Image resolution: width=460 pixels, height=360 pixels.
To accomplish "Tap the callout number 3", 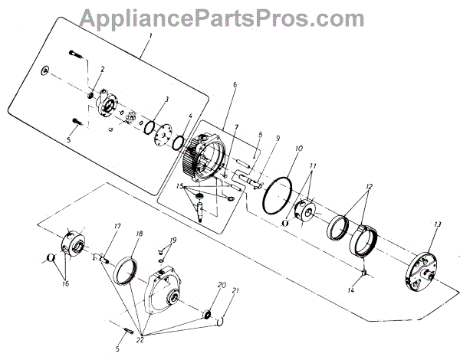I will [166, 100].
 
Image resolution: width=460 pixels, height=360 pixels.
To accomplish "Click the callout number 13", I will [437, 224].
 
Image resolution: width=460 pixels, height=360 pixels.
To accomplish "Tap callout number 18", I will [139, 233].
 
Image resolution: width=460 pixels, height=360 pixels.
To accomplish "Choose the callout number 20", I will [222, 285].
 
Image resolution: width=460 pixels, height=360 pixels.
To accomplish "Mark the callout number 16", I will [64, 283].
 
